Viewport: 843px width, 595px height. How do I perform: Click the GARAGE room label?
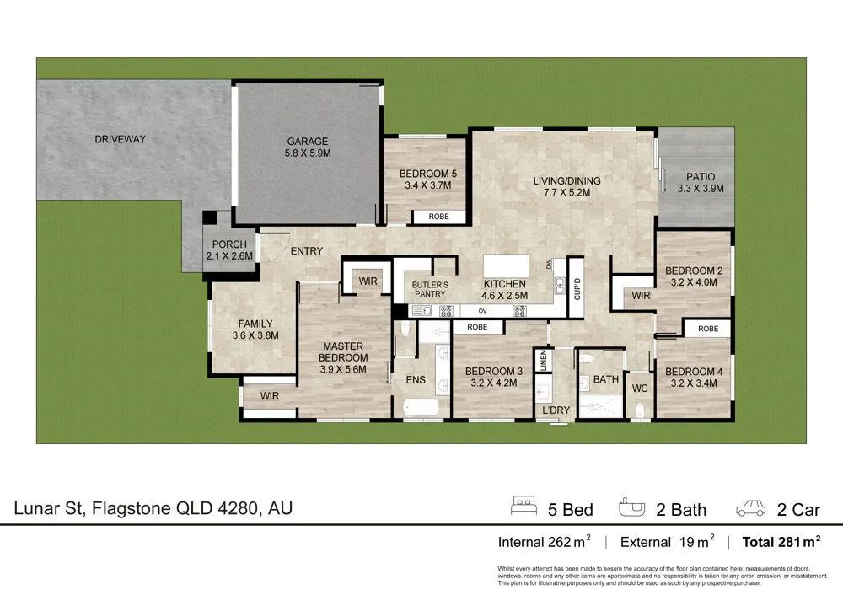pyautogui.click(x=307, y=142)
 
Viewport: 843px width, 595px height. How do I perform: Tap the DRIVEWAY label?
pyautogui.click(x=120, y=139)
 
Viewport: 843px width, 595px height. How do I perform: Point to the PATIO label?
pyautogui.click(x=700, y=177)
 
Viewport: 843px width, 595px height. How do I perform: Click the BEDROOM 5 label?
pyautogui.click(x=427, y=174)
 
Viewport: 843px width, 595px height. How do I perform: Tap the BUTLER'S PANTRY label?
pyautogui.click(x=429, y=290)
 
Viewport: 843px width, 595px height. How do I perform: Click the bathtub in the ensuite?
pyautogui.click(x=421, y=408)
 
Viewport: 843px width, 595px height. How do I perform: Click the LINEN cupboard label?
pyautogui.click(x=545, y=362)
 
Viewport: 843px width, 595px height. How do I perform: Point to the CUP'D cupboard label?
pyautogui.click(x=577, y=290)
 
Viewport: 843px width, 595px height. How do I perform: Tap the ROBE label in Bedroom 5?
pyautogui.click(x=438, y=217)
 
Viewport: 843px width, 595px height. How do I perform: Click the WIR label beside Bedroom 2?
pyautogui.click(x=641, y=296)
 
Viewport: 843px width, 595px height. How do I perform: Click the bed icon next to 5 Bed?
pyautogui.click(x=524, y=507)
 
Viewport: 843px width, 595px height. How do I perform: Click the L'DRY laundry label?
pyautogui.click(x=556, y=410)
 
